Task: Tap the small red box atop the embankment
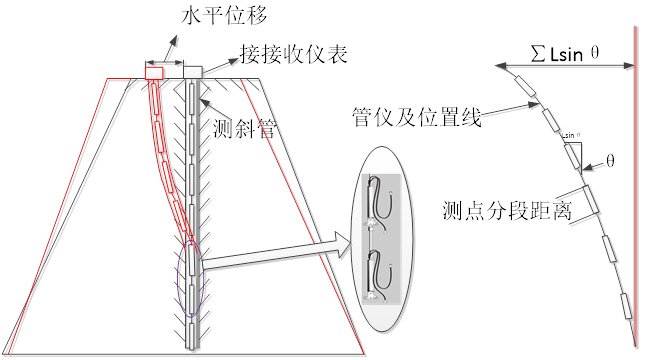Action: coord(154,73)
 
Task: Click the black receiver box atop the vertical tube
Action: coord(193,73)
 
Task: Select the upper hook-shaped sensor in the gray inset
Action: coord(378,198)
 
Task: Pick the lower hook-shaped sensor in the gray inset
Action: coord(378,274)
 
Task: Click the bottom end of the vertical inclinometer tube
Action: coord(192,344)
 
